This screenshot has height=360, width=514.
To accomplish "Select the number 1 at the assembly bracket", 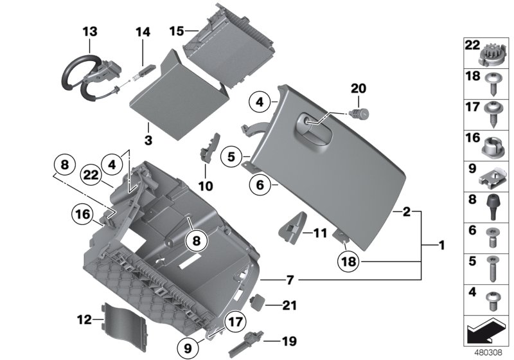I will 441,245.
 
